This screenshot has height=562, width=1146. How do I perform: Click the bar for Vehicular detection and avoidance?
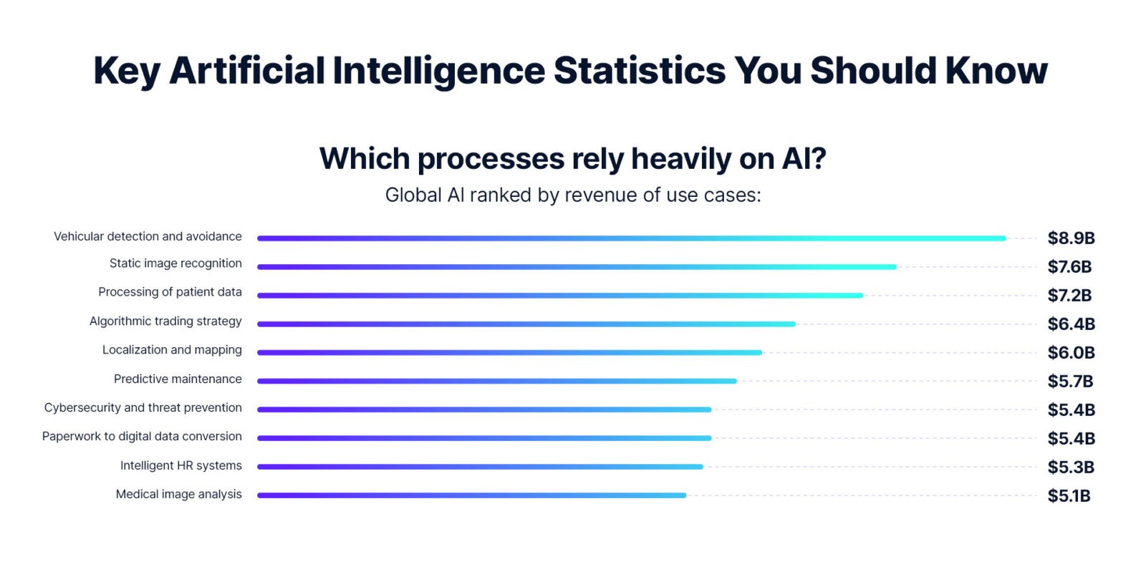(631, 238)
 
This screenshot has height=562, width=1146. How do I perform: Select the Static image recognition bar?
(577, 267)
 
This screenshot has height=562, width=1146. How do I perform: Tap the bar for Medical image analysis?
(471, 495)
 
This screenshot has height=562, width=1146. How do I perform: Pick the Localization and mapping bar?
(509, 352)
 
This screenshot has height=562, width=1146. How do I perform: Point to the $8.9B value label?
(1071, 238)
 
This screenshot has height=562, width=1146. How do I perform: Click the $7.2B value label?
(1069, 296)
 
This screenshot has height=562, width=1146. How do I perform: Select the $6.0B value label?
(1071, 353)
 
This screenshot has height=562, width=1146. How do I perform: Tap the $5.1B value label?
(1069, 496)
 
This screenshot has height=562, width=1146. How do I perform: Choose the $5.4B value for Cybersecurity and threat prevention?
(1071, 410)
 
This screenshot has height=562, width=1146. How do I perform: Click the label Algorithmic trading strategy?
(165, 321)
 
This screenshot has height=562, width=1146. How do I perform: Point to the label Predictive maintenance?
(178, 379)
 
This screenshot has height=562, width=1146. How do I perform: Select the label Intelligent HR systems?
(180, 465)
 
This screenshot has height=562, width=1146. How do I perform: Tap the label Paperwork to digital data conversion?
(142, 436)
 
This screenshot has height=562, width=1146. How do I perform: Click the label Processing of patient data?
(170, 292)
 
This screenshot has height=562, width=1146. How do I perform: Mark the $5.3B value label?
(1071, 467)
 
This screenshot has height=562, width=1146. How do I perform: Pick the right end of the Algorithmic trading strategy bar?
(793, 324)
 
